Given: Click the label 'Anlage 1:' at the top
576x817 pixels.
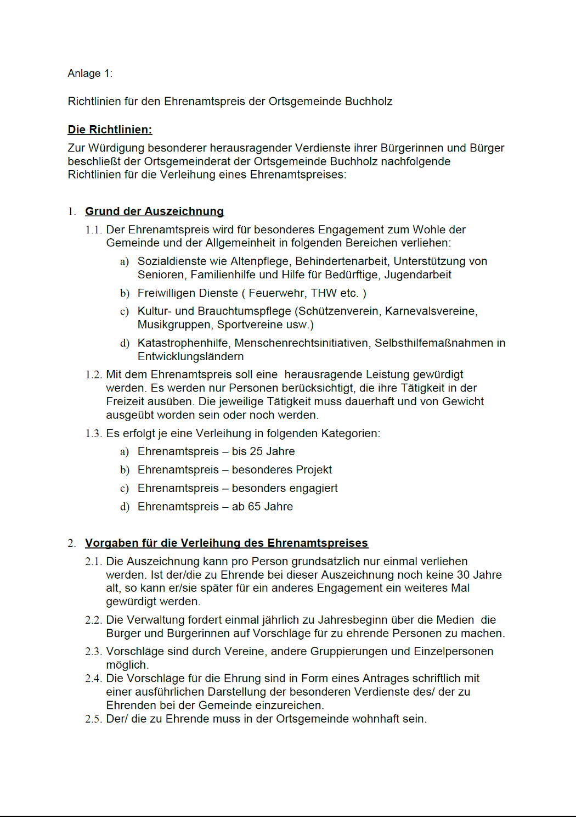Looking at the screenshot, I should [x=90, y=74].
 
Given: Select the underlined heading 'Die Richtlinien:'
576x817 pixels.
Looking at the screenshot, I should [x=110, y=130].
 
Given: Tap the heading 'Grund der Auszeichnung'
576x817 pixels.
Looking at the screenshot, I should [x=154, y=211].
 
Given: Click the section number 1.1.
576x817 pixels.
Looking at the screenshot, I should [x=93, y=230].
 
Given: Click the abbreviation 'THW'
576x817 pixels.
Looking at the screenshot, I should [x=323, y=293].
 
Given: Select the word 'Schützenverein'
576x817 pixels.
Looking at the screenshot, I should [x=338, y=311].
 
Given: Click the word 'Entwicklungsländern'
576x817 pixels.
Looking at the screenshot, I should [x=190, y=356].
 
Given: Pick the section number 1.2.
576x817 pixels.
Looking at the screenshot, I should [x=93, y=374].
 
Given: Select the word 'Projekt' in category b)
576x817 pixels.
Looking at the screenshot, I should [x=313, y=470].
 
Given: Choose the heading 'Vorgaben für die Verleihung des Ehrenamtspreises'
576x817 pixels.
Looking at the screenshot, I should [x=226, y=543].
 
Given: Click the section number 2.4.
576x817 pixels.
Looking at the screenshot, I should [x=93, y=679].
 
